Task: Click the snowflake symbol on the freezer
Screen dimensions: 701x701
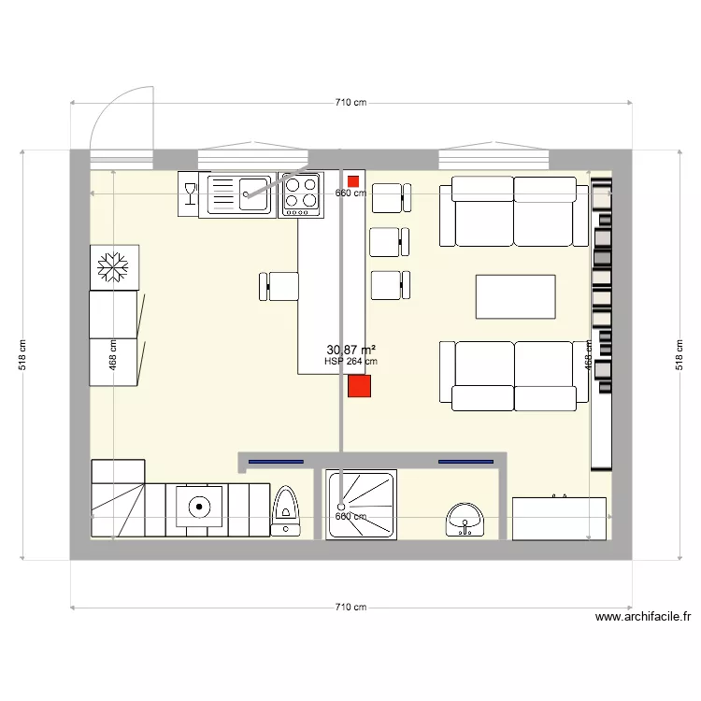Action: click(113, 268)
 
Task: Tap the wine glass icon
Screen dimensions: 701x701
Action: click(190, 193)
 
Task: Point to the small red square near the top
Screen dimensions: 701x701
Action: click(352, 180)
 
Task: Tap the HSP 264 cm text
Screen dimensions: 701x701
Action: click(350, 361)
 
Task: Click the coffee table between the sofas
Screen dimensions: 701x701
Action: click(516, 297)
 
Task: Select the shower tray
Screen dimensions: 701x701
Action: click(362, 504)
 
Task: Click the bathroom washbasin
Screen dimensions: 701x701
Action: click(465, 519)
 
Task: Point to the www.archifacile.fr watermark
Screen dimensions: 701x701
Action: click(643, 617)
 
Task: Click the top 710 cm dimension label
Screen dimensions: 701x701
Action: click(350, 103)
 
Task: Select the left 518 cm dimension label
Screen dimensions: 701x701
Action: click(23, 355)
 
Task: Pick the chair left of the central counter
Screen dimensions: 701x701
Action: click(279, 286)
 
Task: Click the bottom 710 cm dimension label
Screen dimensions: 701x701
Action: click(350, 608)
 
